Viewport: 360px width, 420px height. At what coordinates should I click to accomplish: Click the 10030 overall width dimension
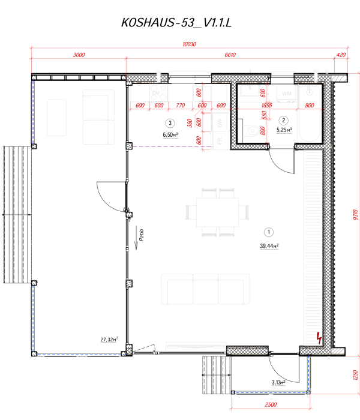tap(189, 44)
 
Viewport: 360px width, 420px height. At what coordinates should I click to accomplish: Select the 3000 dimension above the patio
tap(78, 55)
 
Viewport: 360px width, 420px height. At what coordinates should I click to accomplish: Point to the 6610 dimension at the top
tap(232, 55)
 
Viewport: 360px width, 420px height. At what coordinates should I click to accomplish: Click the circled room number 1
tap(269, 232)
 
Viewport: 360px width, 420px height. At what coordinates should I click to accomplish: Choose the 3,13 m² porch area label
tap(277, 382)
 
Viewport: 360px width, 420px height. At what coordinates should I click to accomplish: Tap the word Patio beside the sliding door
tap(140, 234)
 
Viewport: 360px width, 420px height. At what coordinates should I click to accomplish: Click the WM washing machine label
tap(286, 94)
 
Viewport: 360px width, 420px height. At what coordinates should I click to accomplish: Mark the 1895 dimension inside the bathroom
tap(266, 106)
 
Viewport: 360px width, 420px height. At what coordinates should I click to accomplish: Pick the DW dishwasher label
tap(220, 123)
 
